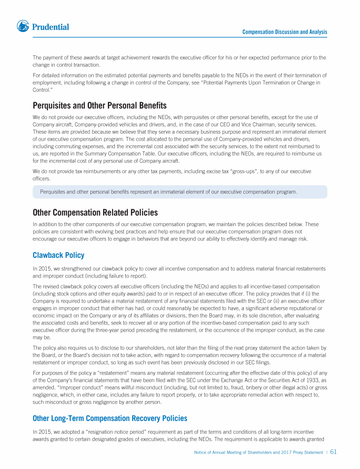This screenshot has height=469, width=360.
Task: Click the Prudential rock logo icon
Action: tap(23, 26)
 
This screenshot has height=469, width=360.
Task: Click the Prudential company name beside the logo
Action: tap(51, 27)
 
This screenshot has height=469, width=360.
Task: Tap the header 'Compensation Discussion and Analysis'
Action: tap(285, 32)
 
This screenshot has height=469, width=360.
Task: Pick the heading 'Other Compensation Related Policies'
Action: tap(95, 212)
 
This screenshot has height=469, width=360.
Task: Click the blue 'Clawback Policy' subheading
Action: tap(59, 255)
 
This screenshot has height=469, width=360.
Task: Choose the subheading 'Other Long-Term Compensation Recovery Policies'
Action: tap(110, 418)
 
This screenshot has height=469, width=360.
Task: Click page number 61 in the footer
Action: tap(334, 452)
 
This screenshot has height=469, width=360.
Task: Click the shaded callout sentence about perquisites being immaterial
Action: tap(169, 192)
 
